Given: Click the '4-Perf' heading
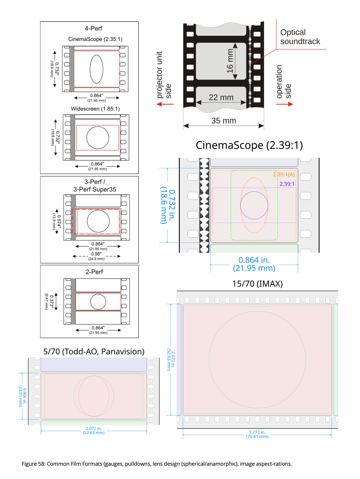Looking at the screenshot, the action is [93, 29].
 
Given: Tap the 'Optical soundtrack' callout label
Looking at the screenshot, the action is [300, 37].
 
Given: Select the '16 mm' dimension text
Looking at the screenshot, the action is [230, 61].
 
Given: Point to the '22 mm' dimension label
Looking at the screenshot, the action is [221, 97].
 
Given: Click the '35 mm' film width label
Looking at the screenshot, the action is [224, 121].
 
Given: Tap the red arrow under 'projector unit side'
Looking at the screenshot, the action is [165, 104].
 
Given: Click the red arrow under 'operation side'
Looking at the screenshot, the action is [285, 104].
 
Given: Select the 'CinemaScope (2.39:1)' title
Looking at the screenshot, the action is [249, 145].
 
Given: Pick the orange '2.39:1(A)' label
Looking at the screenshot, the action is [284, 175].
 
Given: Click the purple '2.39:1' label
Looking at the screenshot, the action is [287, 184].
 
